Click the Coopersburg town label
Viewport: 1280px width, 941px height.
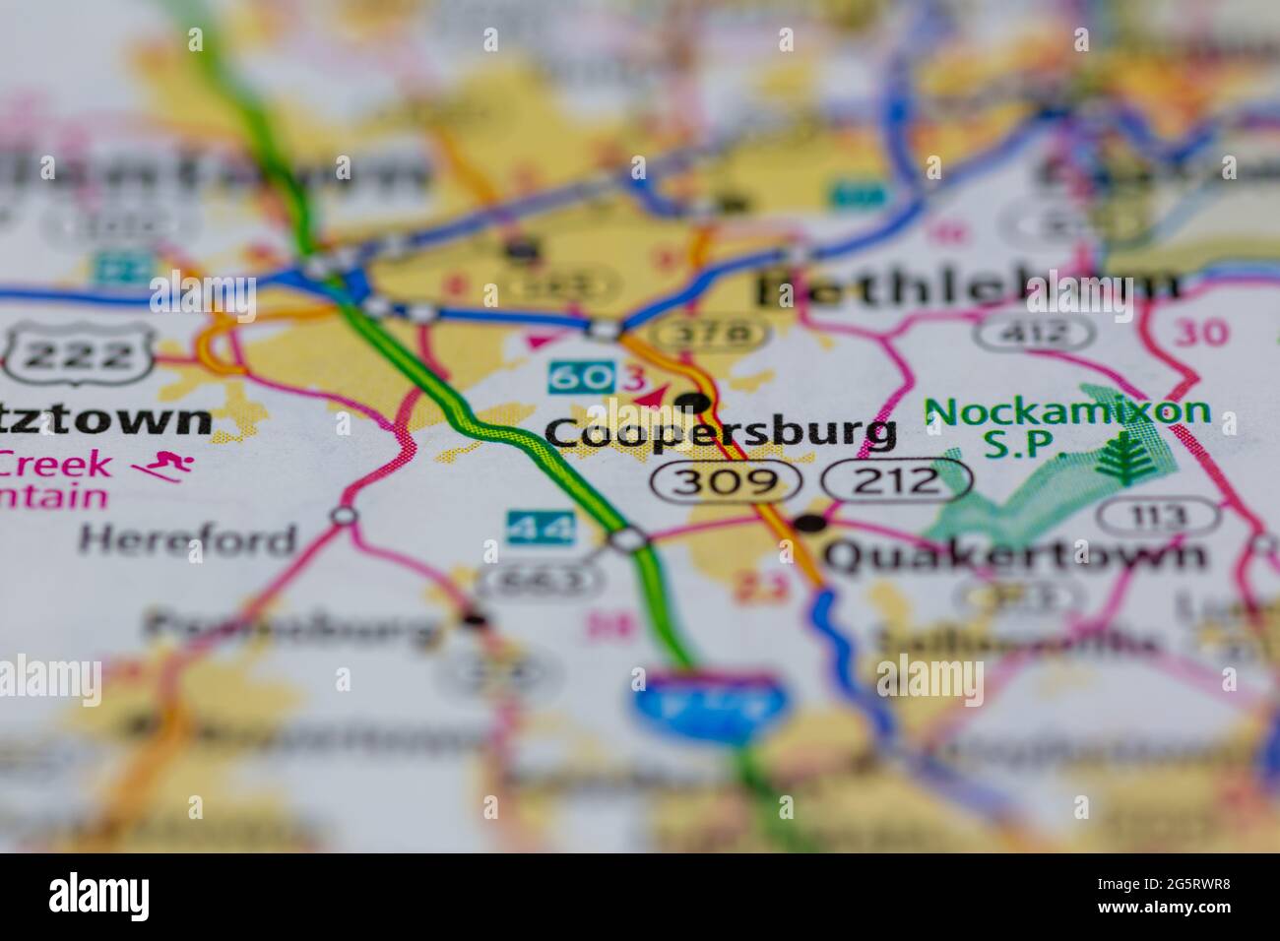(x=720, y=433)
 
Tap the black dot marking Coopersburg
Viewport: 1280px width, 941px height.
(x=693, y=402)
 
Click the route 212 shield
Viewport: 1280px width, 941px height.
(x=897, y=481)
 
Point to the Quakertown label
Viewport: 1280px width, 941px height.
(x=1014, y=555)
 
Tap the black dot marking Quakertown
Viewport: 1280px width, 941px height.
(x=810, y=524)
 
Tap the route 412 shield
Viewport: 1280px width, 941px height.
(x=1034, y=333)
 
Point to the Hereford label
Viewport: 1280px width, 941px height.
(x=188, y=539)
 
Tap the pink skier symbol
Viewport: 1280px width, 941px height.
(x=163, y=467)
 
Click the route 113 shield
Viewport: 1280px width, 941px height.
(x=1158, y=515)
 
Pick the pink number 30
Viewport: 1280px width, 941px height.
(x=1201, y=333)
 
